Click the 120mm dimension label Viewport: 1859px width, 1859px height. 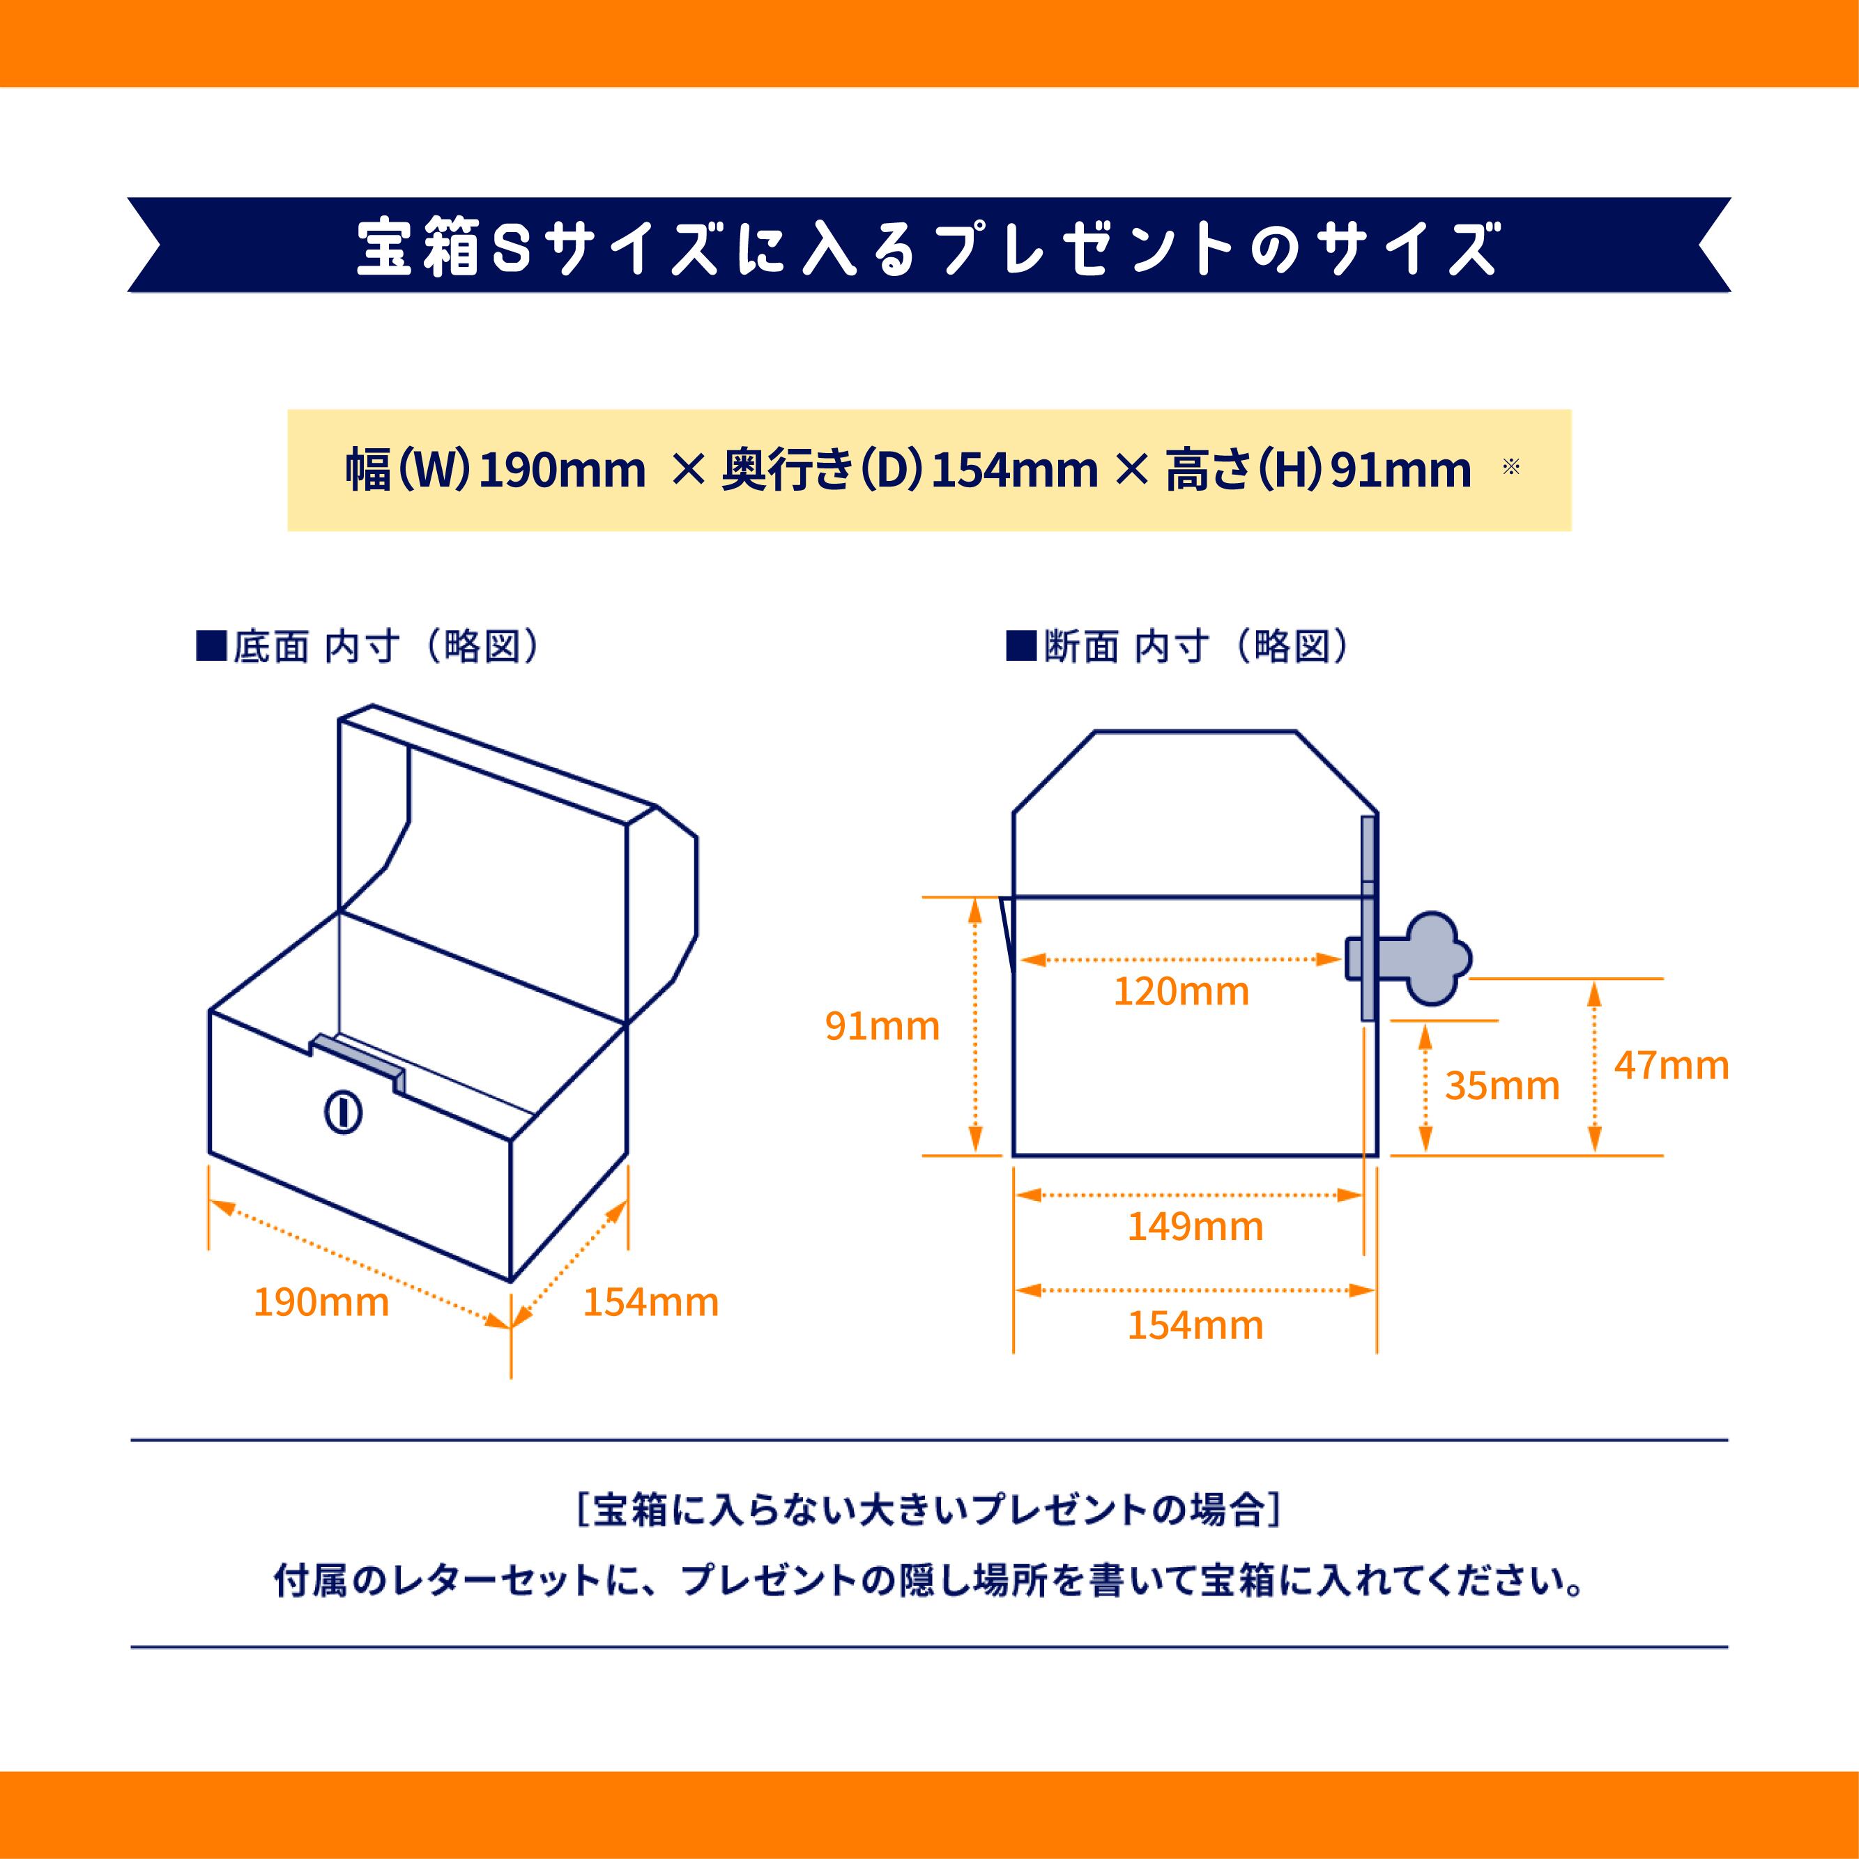tap(1181, 992)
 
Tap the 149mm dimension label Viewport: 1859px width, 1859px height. tap(1195, 1227)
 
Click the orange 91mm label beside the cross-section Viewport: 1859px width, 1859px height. tap(881, 1027)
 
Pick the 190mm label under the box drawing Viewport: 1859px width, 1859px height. tap(321, 1303)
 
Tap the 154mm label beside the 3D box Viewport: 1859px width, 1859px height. tap(650, 1303)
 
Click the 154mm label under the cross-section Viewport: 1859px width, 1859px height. tap(1195, 1326)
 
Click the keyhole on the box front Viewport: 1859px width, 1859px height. tap(342, 1113)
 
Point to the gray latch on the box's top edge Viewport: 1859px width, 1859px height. tap(356, 1055)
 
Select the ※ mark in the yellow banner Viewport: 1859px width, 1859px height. tap(1510, 468)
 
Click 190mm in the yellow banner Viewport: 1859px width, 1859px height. tap(562, 471)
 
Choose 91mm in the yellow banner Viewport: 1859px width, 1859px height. tap(1401, 471)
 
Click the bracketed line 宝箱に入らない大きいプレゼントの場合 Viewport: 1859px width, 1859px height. tap(928, 1510)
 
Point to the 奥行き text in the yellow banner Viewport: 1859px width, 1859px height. tap(787, 471)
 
